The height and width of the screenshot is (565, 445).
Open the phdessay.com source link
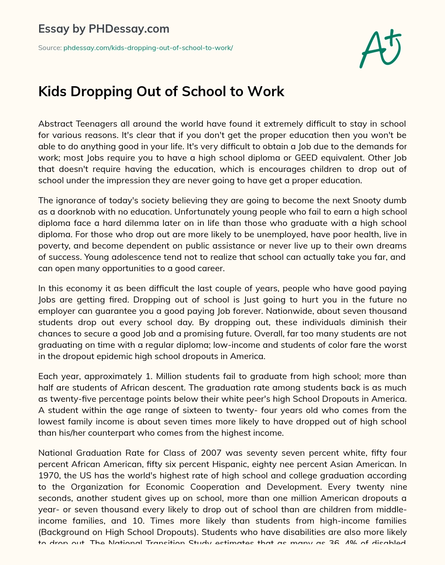(x=148, y=47)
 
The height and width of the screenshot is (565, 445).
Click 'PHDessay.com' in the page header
(x=129, y=29)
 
